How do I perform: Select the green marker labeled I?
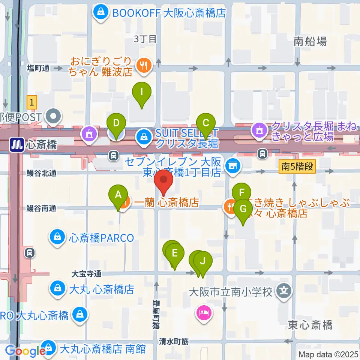click(x=142, y=92)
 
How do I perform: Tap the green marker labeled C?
click(x=206, y=123)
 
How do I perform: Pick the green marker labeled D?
click(x=116, y=123)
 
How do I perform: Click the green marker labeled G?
click(x=243, y=209)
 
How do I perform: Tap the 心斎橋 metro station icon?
click(x=16, y=144)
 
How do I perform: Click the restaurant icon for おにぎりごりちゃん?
click(x=143, y=66)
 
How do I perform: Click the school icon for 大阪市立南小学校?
click(x=284, y=291)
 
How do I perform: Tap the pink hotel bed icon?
click(x=203, y=312)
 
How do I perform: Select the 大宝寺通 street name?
click(x=87, y=274)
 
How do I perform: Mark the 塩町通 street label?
click(x=38, y=68)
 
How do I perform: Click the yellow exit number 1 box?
click(x=33, y=102)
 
